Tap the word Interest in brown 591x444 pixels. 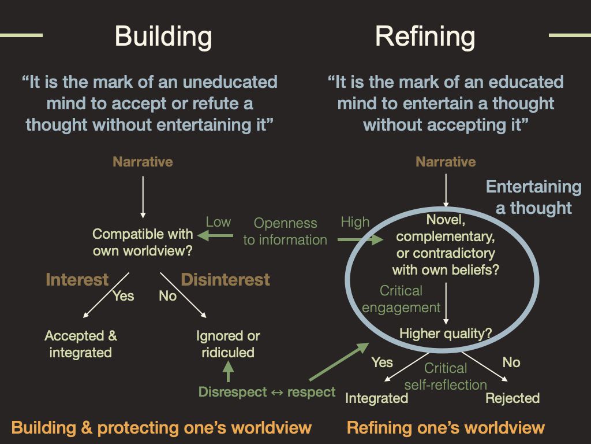77,280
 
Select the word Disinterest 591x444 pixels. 226,280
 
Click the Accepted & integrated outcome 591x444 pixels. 81,344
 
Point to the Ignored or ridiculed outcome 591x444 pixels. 228,344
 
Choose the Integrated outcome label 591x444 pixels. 376,398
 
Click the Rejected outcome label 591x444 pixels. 513,398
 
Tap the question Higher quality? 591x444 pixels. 446,333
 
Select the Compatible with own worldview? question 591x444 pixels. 143,242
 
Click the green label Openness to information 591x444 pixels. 285,231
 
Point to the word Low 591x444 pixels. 218,222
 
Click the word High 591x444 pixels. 355,222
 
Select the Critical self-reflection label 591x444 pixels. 446,376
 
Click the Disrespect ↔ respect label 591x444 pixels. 267,392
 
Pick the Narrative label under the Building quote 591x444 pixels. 143,162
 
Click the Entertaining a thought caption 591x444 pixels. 533,197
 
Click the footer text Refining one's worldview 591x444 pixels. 446,428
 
